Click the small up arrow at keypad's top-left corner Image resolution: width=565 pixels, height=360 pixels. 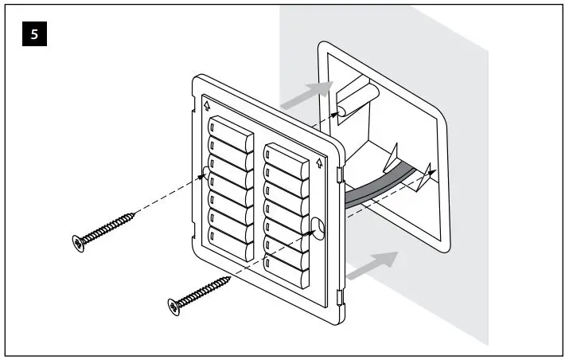point(207,104)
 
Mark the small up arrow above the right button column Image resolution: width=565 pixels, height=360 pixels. point(318,163)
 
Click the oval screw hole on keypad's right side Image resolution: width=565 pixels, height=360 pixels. point(317,228)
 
